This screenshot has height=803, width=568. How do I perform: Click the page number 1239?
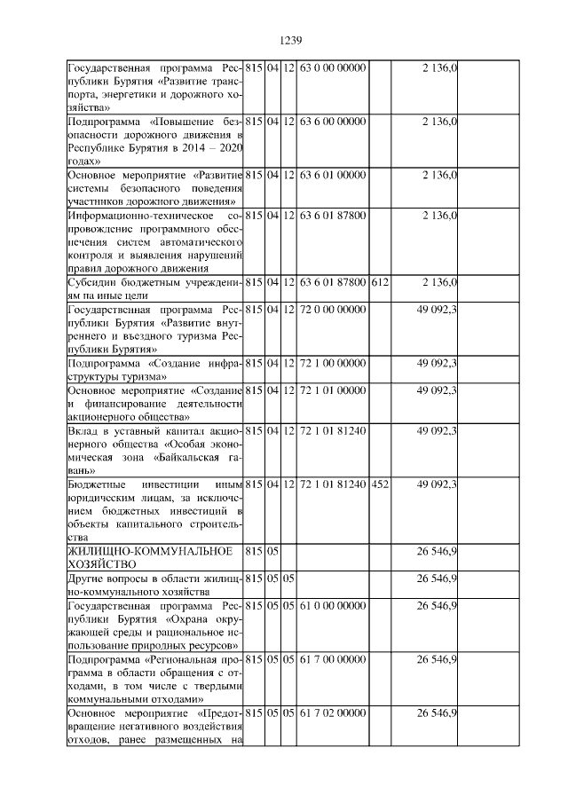[x=292, y=40]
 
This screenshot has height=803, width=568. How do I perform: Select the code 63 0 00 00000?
[x=333, y=67]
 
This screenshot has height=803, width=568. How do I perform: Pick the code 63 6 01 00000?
[x=333, y=175]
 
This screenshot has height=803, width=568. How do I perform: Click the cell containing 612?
[x=379, y=282]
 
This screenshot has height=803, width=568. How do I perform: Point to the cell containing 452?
[x=379, y=484]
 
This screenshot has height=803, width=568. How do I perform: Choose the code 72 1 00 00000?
[x=333, y=363]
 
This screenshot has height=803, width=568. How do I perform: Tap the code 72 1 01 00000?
[x=333, y=390]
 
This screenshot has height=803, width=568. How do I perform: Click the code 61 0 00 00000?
[x=333, y=605]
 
